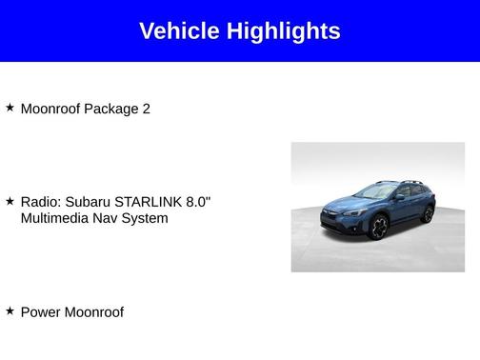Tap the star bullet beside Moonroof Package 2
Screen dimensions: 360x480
point(10,108)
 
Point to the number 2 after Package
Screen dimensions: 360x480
point(146,109)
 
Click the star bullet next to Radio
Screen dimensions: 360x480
point(10,202)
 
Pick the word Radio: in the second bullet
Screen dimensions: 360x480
point(41,202)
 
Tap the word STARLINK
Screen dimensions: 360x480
point(146,202)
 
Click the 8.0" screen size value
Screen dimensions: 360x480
point(196,202)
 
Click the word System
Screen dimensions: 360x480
point(148,218)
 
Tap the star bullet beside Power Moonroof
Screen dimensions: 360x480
point(10,310)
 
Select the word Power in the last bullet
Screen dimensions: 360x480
point(40,311)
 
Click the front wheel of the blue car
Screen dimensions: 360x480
point(378,229)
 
